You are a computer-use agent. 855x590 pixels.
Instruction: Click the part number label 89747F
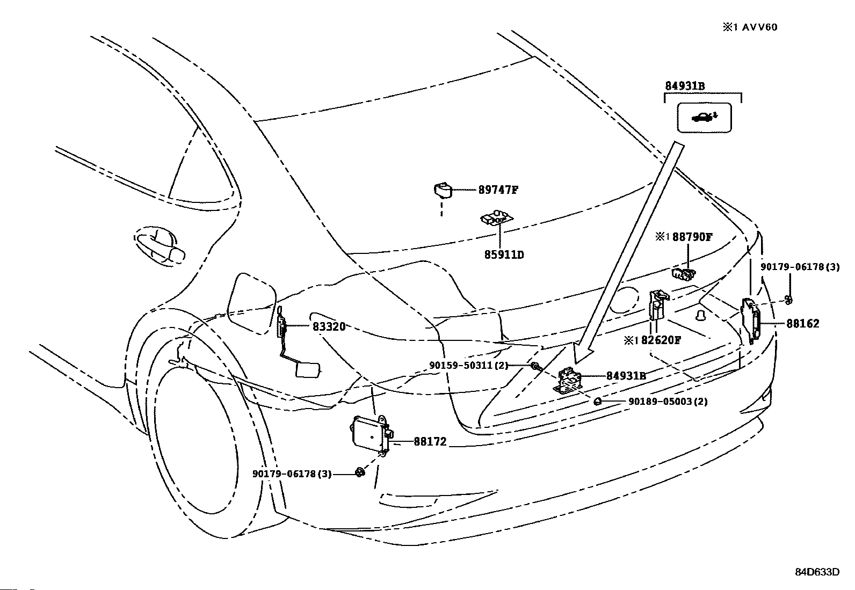498,190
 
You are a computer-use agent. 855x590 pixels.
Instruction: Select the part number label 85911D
504,254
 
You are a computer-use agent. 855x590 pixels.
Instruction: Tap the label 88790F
692,237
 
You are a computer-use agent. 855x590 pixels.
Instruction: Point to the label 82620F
661,340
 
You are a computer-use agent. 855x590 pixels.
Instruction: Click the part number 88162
803,324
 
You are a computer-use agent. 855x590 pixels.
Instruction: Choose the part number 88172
430,441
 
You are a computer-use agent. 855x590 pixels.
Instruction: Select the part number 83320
329,327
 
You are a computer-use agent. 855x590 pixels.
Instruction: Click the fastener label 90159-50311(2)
469,366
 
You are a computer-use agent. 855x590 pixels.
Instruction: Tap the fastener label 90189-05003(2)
668,402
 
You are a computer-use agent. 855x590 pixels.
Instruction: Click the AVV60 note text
759,27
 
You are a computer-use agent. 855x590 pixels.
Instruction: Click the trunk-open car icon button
704,118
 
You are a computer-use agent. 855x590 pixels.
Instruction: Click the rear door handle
159,245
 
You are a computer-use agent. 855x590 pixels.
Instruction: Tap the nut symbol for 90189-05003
598,402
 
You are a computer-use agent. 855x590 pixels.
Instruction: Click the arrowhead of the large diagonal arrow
584,353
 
